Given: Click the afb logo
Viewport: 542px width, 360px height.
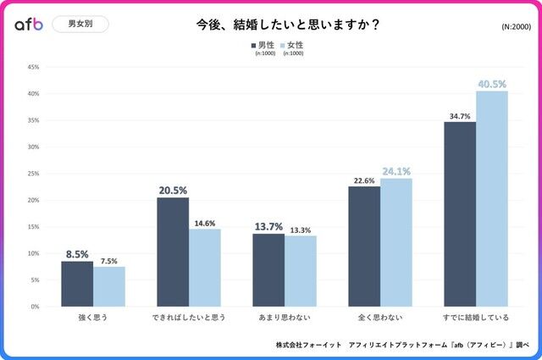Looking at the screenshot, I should click(x=29, y=25).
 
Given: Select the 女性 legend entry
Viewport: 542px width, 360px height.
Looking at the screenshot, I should click(x=292, y=43).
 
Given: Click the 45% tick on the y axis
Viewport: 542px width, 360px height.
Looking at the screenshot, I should click(x=33, y=67).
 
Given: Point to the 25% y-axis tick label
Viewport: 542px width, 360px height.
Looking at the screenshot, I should click(x=33, y=174).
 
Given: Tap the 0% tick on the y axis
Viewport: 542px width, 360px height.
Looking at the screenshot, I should click(x=35, y=307).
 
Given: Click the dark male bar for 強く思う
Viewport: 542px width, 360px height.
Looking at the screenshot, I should click(x=77, y=284).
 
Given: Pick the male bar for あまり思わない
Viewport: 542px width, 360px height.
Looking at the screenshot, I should click(x=268, y=270).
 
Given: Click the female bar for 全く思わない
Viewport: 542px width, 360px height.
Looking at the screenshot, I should click(x=396, y=242).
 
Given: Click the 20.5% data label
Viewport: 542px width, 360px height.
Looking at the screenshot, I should click(x=173, y=191).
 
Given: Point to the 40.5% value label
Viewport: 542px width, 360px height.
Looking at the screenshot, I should click(x=491, y=84).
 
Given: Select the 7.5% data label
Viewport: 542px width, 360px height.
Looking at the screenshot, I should click(x=108, y=261).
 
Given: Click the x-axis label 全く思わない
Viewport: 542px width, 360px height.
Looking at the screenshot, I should click(x=380, y=318).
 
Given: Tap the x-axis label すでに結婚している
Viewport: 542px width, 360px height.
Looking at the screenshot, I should click(x=476, y=318).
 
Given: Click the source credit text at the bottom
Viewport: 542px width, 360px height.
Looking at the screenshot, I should click(x=401, y=345).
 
